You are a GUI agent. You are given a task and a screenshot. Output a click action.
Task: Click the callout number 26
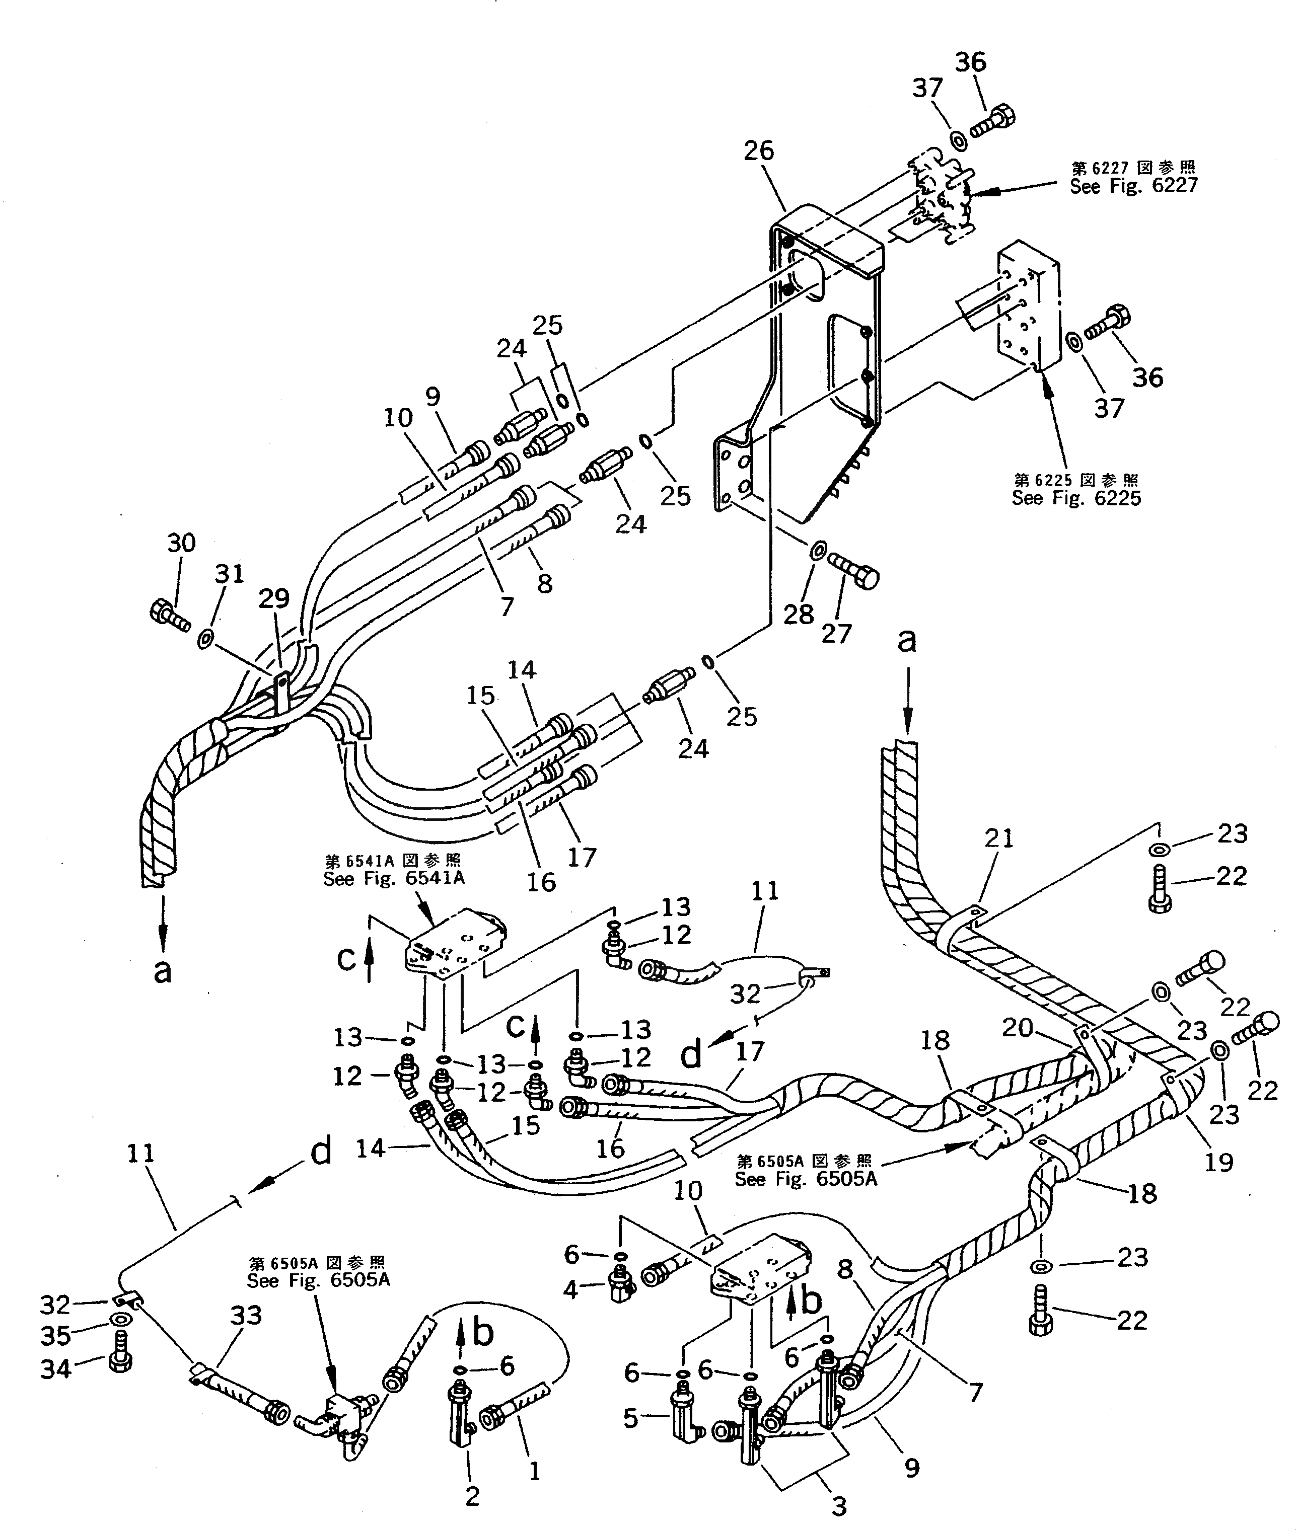[x=758, y=151]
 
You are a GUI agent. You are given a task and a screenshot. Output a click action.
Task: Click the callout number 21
[x=998, y=837]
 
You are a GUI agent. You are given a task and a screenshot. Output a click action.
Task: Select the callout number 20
[x=1018, y=1028]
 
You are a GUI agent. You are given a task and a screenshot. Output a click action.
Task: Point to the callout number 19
[x=1219, y=1162]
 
